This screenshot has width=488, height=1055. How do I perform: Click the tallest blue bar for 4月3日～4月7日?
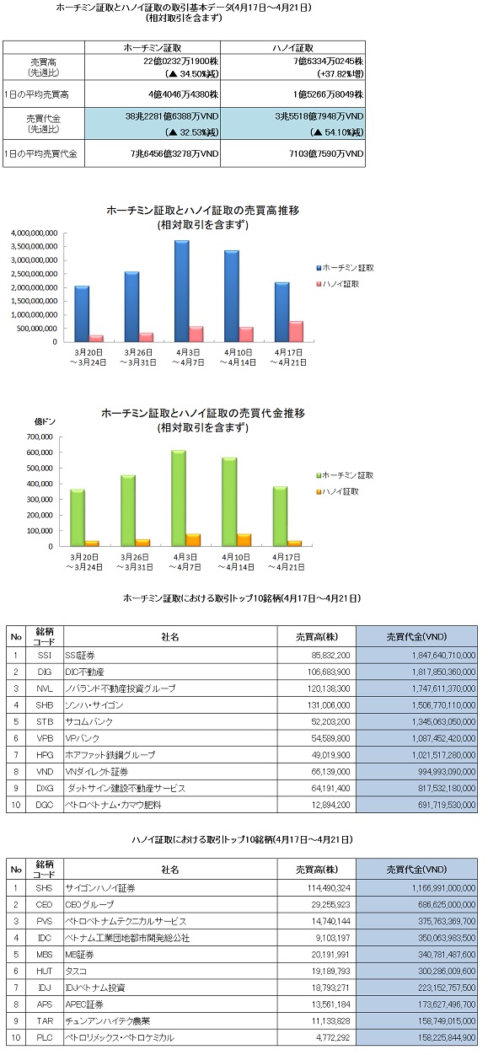coord(182,291)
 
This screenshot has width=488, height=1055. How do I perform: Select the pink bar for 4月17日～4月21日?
coord(297,331)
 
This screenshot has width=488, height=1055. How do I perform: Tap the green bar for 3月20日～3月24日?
coord(78,517)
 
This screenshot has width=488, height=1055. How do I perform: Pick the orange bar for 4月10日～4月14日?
coord(244,540)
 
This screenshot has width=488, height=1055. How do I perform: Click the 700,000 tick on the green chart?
coord(40,436)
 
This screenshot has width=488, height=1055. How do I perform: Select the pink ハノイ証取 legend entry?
coord(338,284)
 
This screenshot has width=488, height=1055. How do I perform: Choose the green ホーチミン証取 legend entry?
coord(345,475)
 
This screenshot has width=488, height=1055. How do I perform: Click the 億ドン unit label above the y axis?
coord(45,421)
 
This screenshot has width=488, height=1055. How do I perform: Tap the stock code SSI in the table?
coord(45,655)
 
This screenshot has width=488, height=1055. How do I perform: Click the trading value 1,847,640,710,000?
coord(443,655)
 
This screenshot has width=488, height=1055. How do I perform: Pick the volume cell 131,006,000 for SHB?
coord(329,705)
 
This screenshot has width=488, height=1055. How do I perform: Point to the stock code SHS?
coord(45,888)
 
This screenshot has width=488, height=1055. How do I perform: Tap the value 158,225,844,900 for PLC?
coord(447,1037)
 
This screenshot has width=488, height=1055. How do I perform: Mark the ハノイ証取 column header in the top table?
coord(292,47)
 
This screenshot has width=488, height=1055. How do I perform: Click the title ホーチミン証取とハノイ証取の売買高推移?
coord(203,211)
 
